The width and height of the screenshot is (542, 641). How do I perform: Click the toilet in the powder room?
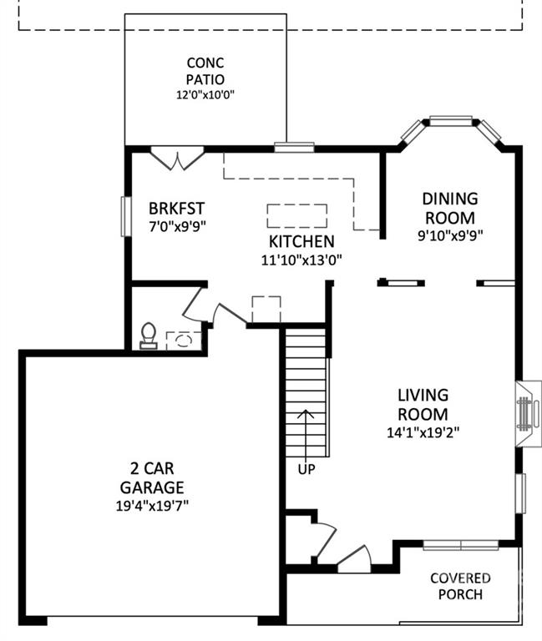(x=148, y=336)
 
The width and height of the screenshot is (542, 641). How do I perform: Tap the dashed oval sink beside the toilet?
(x=184, y=341)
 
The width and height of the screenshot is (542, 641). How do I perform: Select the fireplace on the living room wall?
(x=529, y=414)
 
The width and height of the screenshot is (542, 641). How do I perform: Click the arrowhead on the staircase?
(x=306, y=413)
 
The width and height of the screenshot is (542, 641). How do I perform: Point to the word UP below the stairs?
(x=306, y=469)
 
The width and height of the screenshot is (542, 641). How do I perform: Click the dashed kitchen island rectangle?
(x=297, y=216)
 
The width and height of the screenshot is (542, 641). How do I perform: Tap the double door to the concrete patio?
(x=178, y=159)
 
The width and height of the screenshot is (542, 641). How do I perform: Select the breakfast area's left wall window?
(x=125, y=216)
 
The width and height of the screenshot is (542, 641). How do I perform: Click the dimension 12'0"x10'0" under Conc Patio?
(x=205, y=95)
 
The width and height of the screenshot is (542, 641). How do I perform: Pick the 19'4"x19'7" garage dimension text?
(x=152, y=506)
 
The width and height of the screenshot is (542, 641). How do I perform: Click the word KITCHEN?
(x=301, y=241)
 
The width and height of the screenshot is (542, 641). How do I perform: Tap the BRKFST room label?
(x=176, y=209)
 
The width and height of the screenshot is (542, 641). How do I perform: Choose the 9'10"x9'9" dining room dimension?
(x=450, y=235)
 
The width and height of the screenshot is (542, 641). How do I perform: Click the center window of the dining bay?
(x=450, y=120)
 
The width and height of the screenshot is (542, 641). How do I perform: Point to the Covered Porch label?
(x=460, y=586)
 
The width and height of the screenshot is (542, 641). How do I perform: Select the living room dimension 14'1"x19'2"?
(x=423, y=432)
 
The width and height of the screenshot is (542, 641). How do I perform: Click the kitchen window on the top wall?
(x=294, y=147)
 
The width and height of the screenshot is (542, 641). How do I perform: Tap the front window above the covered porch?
(x=461, y=545)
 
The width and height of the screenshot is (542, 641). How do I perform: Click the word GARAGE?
(x=152, y=487)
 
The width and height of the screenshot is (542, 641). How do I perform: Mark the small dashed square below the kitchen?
(x=266, y=310)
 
